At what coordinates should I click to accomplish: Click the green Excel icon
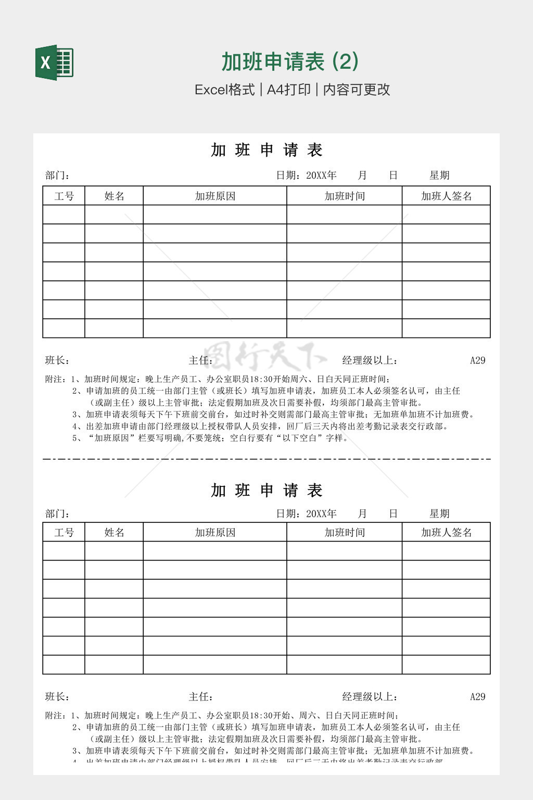click(x=54, y=63)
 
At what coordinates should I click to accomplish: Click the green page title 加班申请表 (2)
click(x=290, y=61)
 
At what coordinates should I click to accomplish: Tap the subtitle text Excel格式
click(x=224, y=90)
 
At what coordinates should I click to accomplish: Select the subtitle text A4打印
click(x=288, y=90)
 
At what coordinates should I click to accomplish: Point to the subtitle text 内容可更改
click(x=357, y=90)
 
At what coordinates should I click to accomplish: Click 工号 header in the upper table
click(x=64, y=196)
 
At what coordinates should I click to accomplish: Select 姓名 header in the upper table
click(x=114, y=196)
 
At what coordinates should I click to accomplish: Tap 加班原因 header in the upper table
click(x=215, y=196)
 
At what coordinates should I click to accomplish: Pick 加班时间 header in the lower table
click(x=345, y=532)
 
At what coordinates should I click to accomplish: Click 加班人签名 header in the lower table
click(x=446, y=532)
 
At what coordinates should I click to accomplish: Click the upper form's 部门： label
click(x=57, y=176)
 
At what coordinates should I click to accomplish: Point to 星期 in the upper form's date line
click(x=439, y=176)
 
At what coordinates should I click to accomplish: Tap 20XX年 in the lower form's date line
click(x=321, y=514)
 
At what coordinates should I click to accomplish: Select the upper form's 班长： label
click(x=57, y=360)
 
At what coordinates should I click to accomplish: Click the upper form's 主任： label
click(x=200, y=360)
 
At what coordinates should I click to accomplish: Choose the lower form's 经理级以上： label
click(x=370, y=697)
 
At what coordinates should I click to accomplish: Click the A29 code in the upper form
click(x=477, y=360)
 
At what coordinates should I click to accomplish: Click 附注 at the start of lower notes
click(x=55, y=716)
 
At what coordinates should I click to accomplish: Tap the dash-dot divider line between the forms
click(x=266, y=459)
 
